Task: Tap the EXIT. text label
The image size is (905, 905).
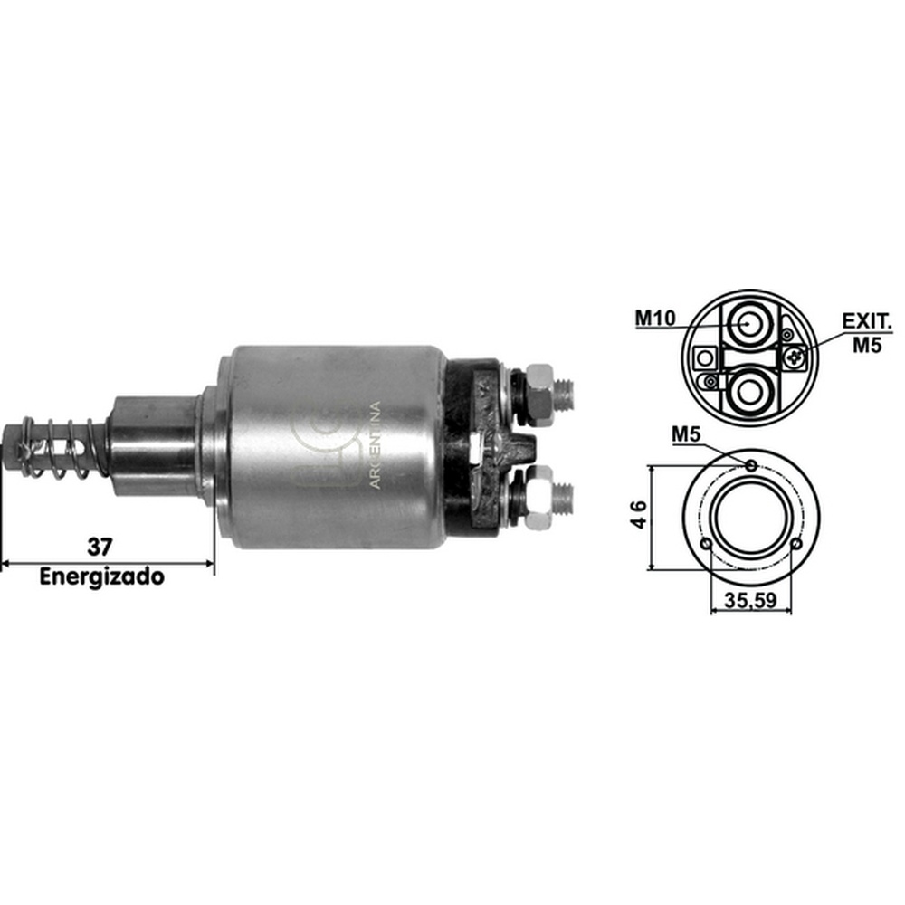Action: [867, 321]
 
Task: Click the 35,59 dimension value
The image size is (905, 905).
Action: [750, 601]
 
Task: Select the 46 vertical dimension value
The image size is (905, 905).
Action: [639, 514]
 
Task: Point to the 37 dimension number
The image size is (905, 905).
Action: [100, 546]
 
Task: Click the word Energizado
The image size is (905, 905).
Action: [101, 576]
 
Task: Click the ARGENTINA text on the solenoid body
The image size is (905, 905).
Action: [375, 445]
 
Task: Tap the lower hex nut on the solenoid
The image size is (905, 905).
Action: [539, 498]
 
